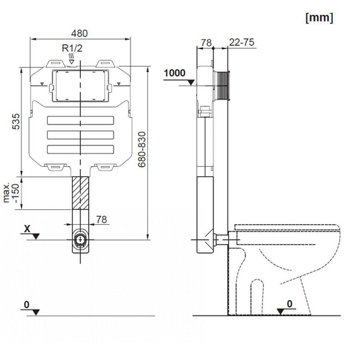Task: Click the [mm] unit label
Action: tap(319, 18)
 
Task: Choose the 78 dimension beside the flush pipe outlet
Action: tap(101, 219)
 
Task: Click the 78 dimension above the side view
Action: tap(206, 43)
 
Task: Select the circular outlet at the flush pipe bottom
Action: tap(81, 239)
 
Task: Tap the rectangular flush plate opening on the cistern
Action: tap(81, 86)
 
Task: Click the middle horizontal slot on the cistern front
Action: tap(81, 135)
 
